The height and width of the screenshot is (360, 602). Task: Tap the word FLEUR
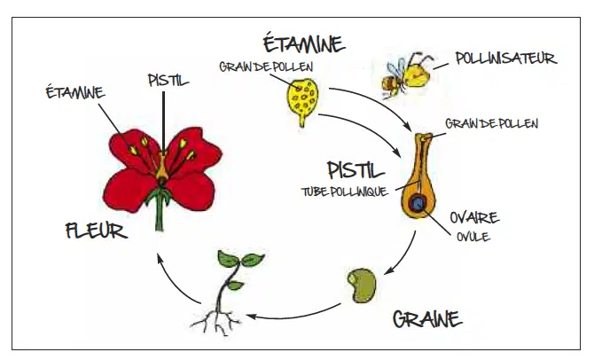tap(96, 233)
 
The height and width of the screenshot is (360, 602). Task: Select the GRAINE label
tap(426, 317)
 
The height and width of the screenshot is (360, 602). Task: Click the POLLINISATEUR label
tap(505, 59)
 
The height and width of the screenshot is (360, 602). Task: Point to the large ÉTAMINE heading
tap(302, 43)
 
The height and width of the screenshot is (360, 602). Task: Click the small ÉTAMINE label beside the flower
tap(74, 91)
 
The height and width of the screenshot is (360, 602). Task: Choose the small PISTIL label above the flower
tap(166, 81)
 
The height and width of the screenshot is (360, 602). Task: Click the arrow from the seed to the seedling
tap(293, 310)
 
